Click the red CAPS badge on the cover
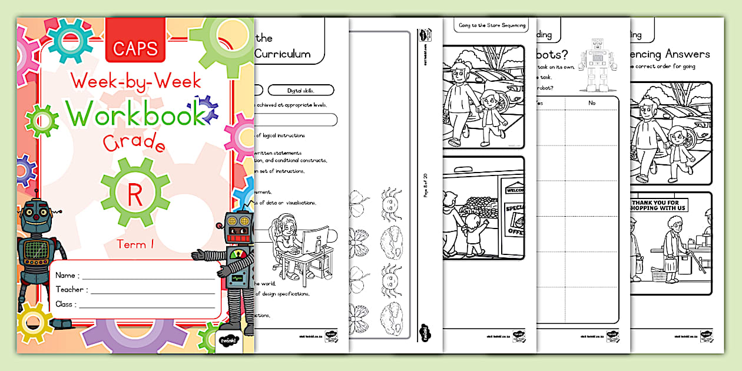point(135,47)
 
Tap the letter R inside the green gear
point(134,195)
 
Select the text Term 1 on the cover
point(134,244)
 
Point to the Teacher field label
point(72,289)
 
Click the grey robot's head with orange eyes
point(238,228)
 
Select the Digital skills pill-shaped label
point(300,91)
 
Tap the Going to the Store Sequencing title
point(491,25)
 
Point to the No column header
point(591,102)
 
